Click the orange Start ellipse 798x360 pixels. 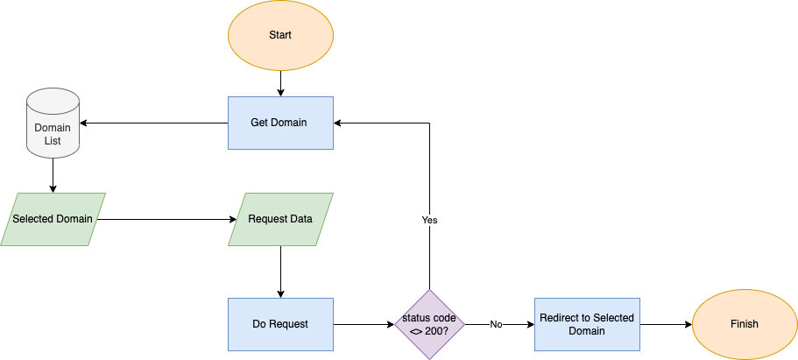280,35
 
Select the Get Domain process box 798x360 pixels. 280,123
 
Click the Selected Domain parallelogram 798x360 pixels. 53,219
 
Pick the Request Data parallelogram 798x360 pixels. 280,219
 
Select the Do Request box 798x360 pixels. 280,324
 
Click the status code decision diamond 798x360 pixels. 429,324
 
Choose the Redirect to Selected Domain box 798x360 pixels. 586,324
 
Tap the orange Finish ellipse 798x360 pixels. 745,324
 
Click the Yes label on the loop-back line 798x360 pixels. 429,220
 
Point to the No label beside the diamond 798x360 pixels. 496,324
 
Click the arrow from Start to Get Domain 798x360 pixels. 280,83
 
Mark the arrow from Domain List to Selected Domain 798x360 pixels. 53,175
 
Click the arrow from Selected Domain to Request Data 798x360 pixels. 166,219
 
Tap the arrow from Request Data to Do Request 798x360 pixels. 280,272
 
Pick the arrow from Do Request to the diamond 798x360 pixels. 364,324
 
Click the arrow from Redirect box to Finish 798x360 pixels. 666,324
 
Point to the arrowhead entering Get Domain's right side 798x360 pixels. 339,123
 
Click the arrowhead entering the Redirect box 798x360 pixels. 529,324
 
